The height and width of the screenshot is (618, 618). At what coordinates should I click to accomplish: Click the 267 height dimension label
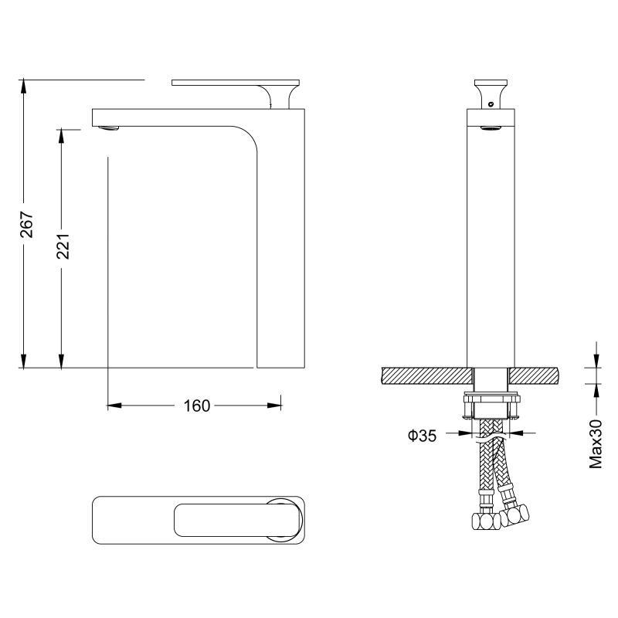point(25,223)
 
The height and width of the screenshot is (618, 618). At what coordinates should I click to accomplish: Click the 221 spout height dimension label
point(63,246)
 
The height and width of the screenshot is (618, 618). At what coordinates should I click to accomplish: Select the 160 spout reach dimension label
point(197,405)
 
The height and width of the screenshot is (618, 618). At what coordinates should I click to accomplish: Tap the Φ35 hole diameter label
point(423,436)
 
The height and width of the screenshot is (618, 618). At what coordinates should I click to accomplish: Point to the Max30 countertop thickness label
point(596,444)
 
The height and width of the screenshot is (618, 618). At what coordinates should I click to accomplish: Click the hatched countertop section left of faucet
point(425,375)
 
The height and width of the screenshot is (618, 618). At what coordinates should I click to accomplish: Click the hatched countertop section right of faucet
point(533,375)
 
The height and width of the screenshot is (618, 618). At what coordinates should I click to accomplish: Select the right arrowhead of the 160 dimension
point(273,404)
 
